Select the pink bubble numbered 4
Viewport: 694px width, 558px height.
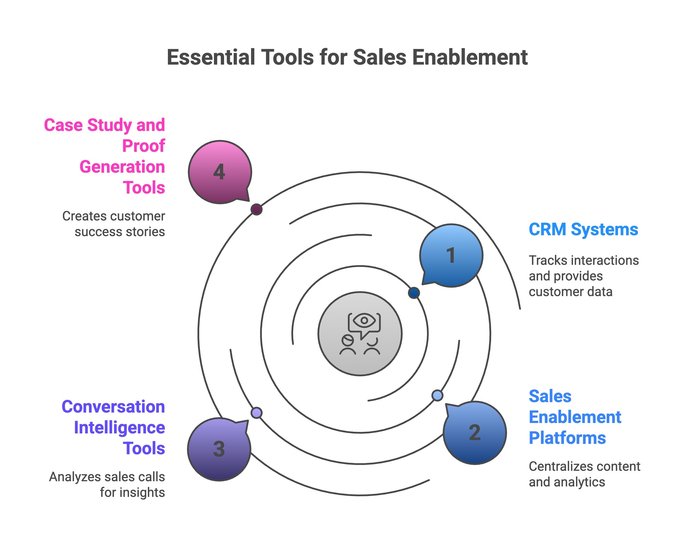click(219, 172)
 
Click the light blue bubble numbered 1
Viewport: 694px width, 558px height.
click(451, 255)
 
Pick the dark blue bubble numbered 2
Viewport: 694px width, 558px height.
click(475, 433)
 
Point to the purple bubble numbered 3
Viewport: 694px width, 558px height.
click(219, 449)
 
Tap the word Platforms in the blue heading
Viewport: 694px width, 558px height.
click(567, 438)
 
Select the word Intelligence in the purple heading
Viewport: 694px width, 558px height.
click(119, 428)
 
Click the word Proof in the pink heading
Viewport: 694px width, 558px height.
click(143, 146)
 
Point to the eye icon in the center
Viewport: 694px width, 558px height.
click(364, 320)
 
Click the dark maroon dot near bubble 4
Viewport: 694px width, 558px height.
click(256, 209)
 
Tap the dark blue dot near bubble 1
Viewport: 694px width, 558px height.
click(414, 293)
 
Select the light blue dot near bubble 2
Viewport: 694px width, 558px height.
click(437, 395)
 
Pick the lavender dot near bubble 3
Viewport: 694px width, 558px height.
click(256, 413)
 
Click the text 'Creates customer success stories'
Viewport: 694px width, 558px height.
click(114, 224)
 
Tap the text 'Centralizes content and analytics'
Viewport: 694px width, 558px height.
click(584, 474)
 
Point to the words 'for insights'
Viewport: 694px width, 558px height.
click(132, 493)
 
